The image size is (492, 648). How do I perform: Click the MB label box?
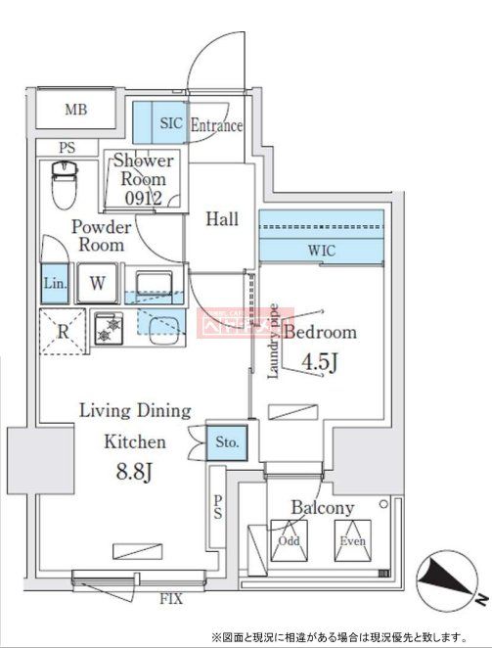click(x=76, y=109)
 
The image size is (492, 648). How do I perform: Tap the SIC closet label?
click(x=171, y=124)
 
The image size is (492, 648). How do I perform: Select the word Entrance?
click(x=216, y=125)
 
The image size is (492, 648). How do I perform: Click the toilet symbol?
click(x=61, y=182)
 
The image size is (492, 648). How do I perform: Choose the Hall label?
click(x=222, y=219)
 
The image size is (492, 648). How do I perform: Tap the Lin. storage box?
click(x=55, y=284)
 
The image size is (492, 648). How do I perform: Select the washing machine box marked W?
click(x=98, y=284)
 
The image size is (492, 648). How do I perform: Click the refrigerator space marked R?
click(x=62, y=330)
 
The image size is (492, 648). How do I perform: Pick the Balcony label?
click(x=322, y=508)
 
